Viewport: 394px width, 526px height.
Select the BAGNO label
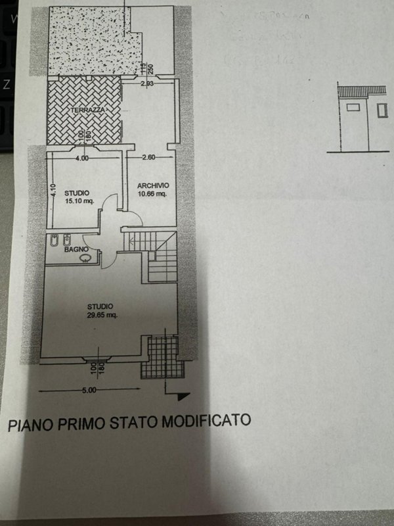(x=73, y=250)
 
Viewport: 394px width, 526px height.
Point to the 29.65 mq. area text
(x=102, y=315)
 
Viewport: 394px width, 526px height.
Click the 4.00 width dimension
(x=81, y=159)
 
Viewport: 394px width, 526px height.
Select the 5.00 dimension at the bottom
(x=89, y=390)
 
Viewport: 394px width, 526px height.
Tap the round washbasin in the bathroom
(x=84, y=258)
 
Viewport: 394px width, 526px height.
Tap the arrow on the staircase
(x=135, y=241)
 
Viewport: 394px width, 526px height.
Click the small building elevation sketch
(x=359, y=118)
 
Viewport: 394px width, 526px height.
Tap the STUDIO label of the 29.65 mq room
(x=101, y=306)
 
